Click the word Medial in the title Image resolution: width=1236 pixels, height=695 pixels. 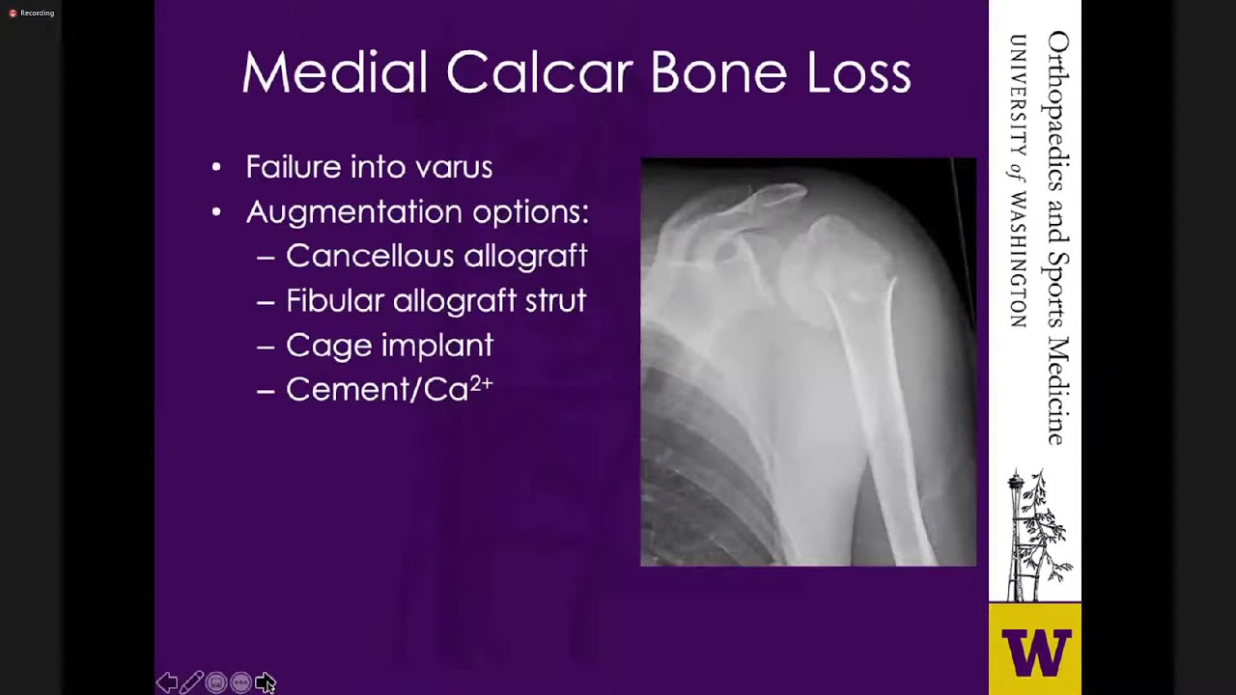pos(333,73)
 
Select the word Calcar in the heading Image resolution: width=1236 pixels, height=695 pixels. pos(539,73)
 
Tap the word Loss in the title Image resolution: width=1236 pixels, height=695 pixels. pos(858,73)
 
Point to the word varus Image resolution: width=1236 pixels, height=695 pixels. pos(454,167)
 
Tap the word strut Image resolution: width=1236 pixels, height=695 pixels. pos(555,300)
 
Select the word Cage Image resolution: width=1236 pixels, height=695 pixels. pos(328,346)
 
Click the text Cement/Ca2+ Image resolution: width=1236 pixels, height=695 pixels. pos(389,388)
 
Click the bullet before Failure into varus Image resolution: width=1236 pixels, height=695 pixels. pos(216,168)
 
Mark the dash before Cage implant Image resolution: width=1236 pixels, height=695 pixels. pos(266,346)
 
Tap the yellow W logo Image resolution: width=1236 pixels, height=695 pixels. pos(1035,652)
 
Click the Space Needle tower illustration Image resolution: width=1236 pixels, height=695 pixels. pos(1017,536)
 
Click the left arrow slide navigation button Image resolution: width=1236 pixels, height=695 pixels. pos(167,682)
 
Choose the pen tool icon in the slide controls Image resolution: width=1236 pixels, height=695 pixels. pos(191,682)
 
